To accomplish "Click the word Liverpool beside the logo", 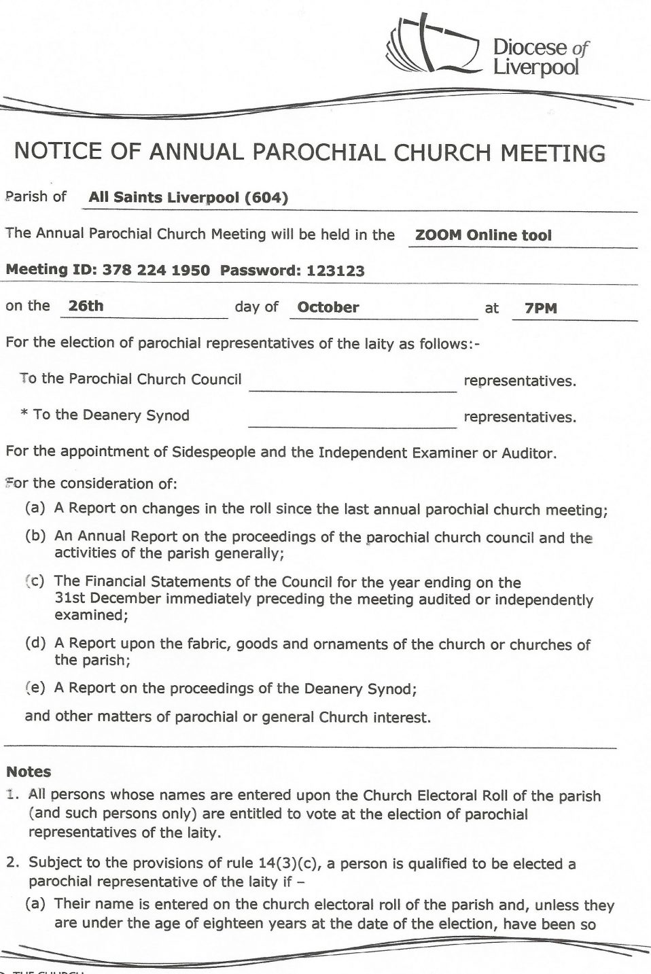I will (535, 68).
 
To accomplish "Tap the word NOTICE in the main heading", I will (58, 151).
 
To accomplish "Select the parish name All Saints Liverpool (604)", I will (188, 198).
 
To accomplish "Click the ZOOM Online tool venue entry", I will (483, 235).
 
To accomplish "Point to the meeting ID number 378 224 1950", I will (156, 271).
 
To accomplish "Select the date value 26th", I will (86, 306).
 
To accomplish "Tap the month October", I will (328, 307).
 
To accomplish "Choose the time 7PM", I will (541, 309).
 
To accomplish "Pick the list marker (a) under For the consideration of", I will (35, 508).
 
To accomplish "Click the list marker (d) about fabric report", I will (35, 643).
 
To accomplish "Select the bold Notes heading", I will (29, 771).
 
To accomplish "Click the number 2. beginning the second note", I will (13, 863).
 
